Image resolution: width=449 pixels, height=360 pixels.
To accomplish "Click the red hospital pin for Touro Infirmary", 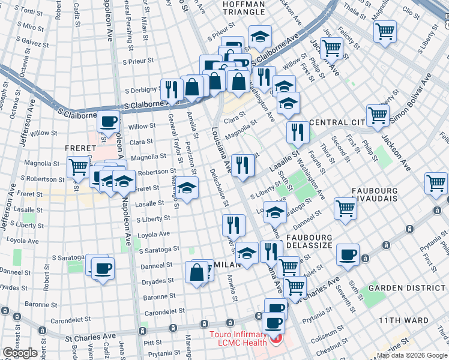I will click(x=276, y=340).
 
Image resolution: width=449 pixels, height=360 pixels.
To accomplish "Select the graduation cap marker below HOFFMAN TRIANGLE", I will click(x=260, y=38).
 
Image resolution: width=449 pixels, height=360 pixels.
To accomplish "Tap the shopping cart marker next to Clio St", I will click(x=385, y=31).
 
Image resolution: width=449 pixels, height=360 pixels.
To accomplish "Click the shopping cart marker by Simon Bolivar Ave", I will click(x=378, y=115).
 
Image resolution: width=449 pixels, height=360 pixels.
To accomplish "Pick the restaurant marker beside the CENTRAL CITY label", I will click(x=297, y=132).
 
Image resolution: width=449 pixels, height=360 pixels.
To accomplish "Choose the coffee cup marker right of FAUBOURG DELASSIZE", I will click(x=348, y=254).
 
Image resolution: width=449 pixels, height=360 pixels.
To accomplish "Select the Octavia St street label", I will click(x=23, y=65).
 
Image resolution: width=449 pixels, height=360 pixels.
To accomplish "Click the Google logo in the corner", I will click(x=20, y=353).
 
